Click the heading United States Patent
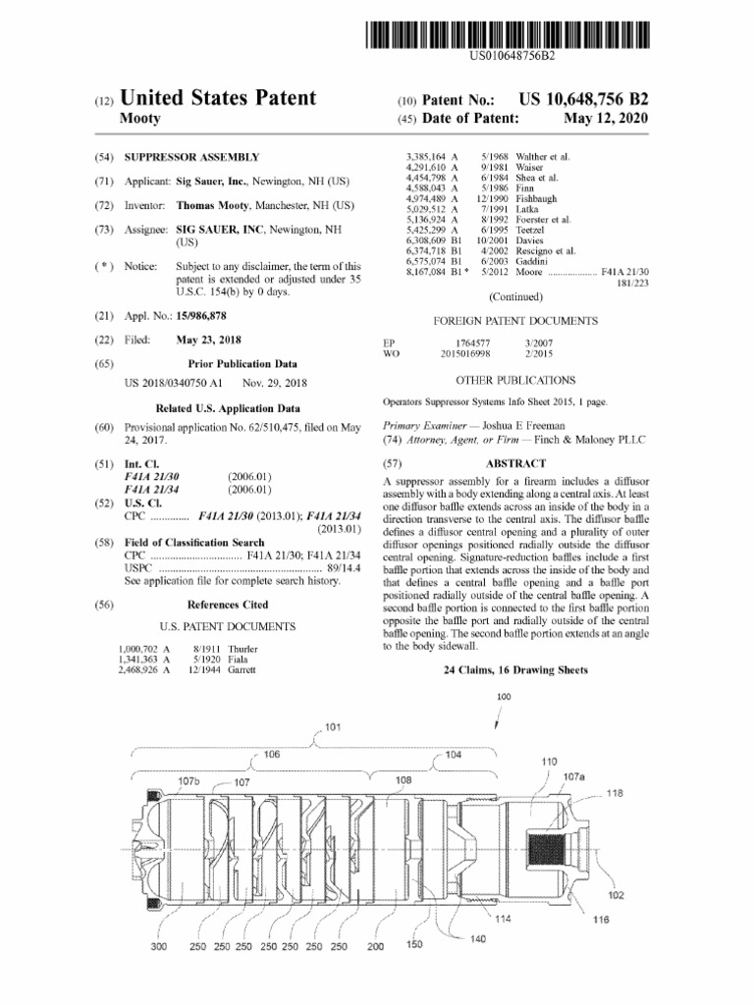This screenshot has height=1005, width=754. click(217, 98)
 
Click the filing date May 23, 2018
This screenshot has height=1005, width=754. click(209, 341)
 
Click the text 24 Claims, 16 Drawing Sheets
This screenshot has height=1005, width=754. click(515, 669)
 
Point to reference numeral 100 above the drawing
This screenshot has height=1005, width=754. click(504, 697)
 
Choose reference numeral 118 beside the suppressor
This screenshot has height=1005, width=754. click(615, 793)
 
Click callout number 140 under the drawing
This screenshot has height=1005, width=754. click(478, 939)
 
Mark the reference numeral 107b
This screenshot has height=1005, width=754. click(188, 780)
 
